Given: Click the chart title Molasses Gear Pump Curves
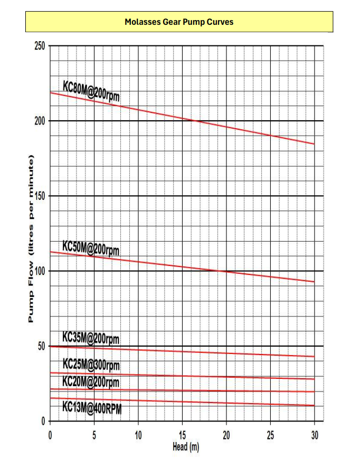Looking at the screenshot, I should [x=179, y=22].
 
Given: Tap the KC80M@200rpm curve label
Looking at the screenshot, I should [x=92, y=90].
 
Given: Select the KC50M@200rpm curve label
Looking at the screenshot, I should [x=91, y=247].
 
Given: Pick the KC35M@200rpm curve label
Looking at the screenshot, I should [x=91, y=338].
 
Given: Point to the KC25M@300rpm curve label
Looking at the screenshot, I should [x=91, y=364].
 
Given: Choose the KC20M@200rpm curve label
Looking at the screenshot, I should [x=91, y=381].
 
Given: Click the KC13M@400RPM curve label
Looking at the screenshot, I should [x=92, y=407].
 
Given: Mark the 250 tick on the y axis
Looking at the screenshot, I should [x=40, y=46].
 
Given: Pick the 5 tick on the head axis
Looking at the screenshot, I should [x=94, y=435].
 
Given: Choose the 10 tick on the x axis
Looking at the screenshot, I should [x=138, y=435].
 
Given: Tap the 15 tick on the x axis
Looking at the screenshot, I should [x=182, y=435].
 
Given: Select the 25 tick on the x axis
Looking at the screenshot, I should [x=270, y=435].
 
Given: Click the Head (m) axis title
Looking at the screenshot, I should [x=185, y=447].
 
